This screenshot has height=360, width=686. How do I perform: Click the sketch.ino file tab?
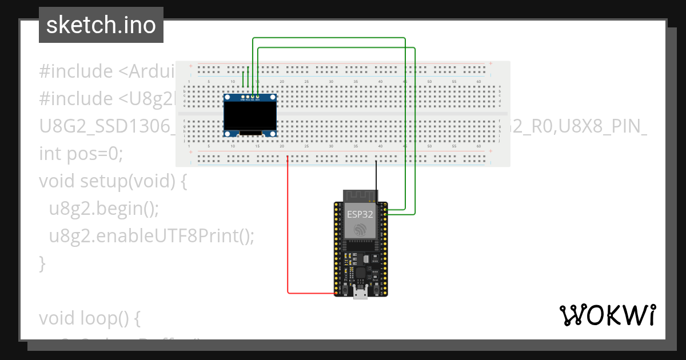(101, 25)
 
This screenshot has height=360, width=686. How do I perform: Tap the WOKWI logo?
(607, 315)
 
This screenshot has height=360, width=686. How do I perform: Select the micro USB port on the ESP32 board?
(360, 294)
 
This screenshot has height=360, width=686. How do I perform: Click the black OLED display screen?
(250, 116)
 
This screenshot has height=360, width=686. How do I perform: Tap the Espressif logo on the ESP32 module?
(360, 230)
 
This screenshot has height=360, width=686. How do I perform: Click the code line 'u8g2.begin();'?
(103, 209)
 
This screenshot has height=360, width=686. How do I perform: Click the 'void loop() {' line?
(90, 318)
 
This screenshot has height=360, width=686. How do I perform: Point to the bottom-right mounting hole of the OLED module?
(273, 133)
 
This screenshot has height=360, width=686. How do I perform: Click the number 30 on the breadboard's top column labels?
(331, 82)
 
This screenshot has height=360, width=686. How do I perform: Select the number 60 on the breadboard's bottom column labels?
(478, 146)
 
